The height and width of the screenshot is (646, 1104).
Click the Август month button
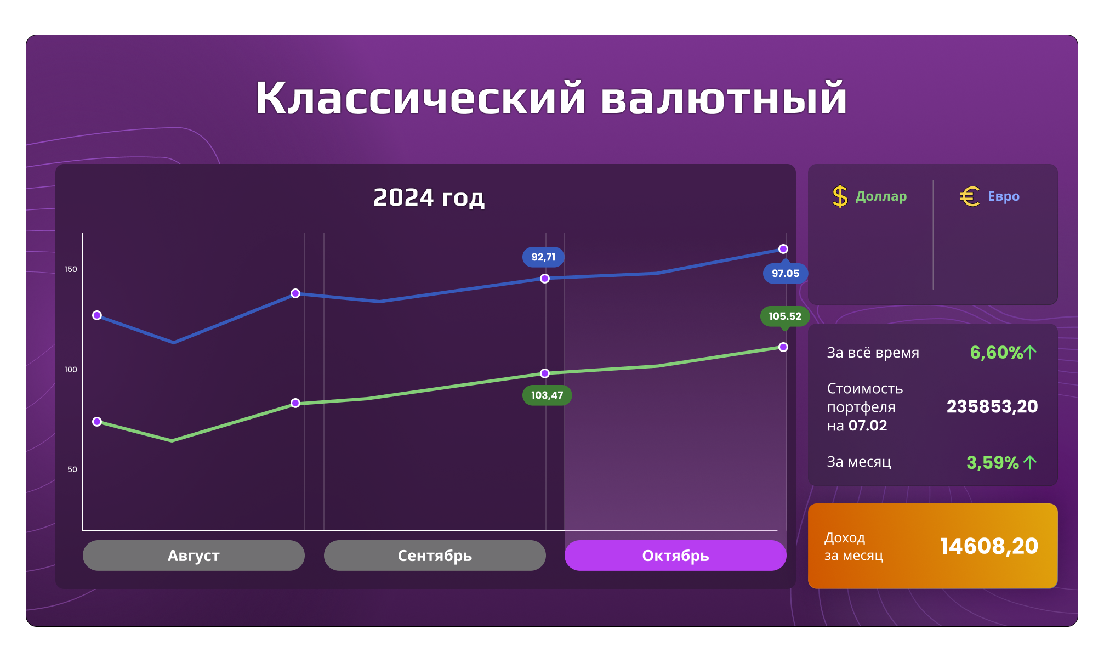coord(194,556)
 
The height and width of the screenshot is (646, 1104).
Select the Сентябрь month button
coord(435,556)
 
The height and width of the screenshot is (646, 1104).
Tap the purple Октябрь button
coord(675,556)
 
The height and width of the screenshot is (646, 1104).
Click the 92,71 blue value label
coord(543,257)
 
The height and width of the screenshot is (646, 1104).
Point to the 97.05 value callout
coord(786,273)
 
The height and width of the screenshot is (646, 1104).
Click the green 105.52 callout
coord(785,316)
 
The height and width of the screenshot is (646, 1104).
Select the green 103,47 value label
coord(547,395)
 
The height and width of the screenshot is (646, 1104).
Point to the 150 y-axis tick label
coord(71,269)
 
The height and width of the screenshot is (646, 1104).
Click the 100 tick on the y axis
coord(71,370)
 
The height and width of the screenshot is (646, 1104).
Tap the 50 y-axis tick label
coord(72,469)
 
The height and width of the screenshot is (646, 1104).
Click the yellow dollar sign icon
coord(840,196)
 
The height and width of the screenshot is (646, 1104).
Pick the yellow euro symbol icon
coord(970,196)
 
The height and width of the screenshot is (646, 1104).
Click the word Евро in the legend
coord(1004,196)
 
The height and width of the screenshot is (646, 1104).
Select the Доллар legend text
coord(881,197)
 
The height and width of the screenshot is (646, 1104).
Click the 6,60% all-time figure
coord(996,352)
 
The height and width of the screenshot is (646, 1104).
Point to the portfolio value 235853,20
coord(992,406)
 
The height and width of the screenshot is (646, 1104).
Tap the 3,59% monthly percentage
coord(993,462)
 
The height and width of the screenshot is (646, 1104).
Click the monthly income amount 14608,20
coord(989,546)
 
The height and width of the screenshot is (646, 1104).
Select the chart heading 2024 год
coord(429,197)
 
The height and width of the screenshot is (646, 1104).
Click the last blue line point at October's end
coord(783,249)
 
